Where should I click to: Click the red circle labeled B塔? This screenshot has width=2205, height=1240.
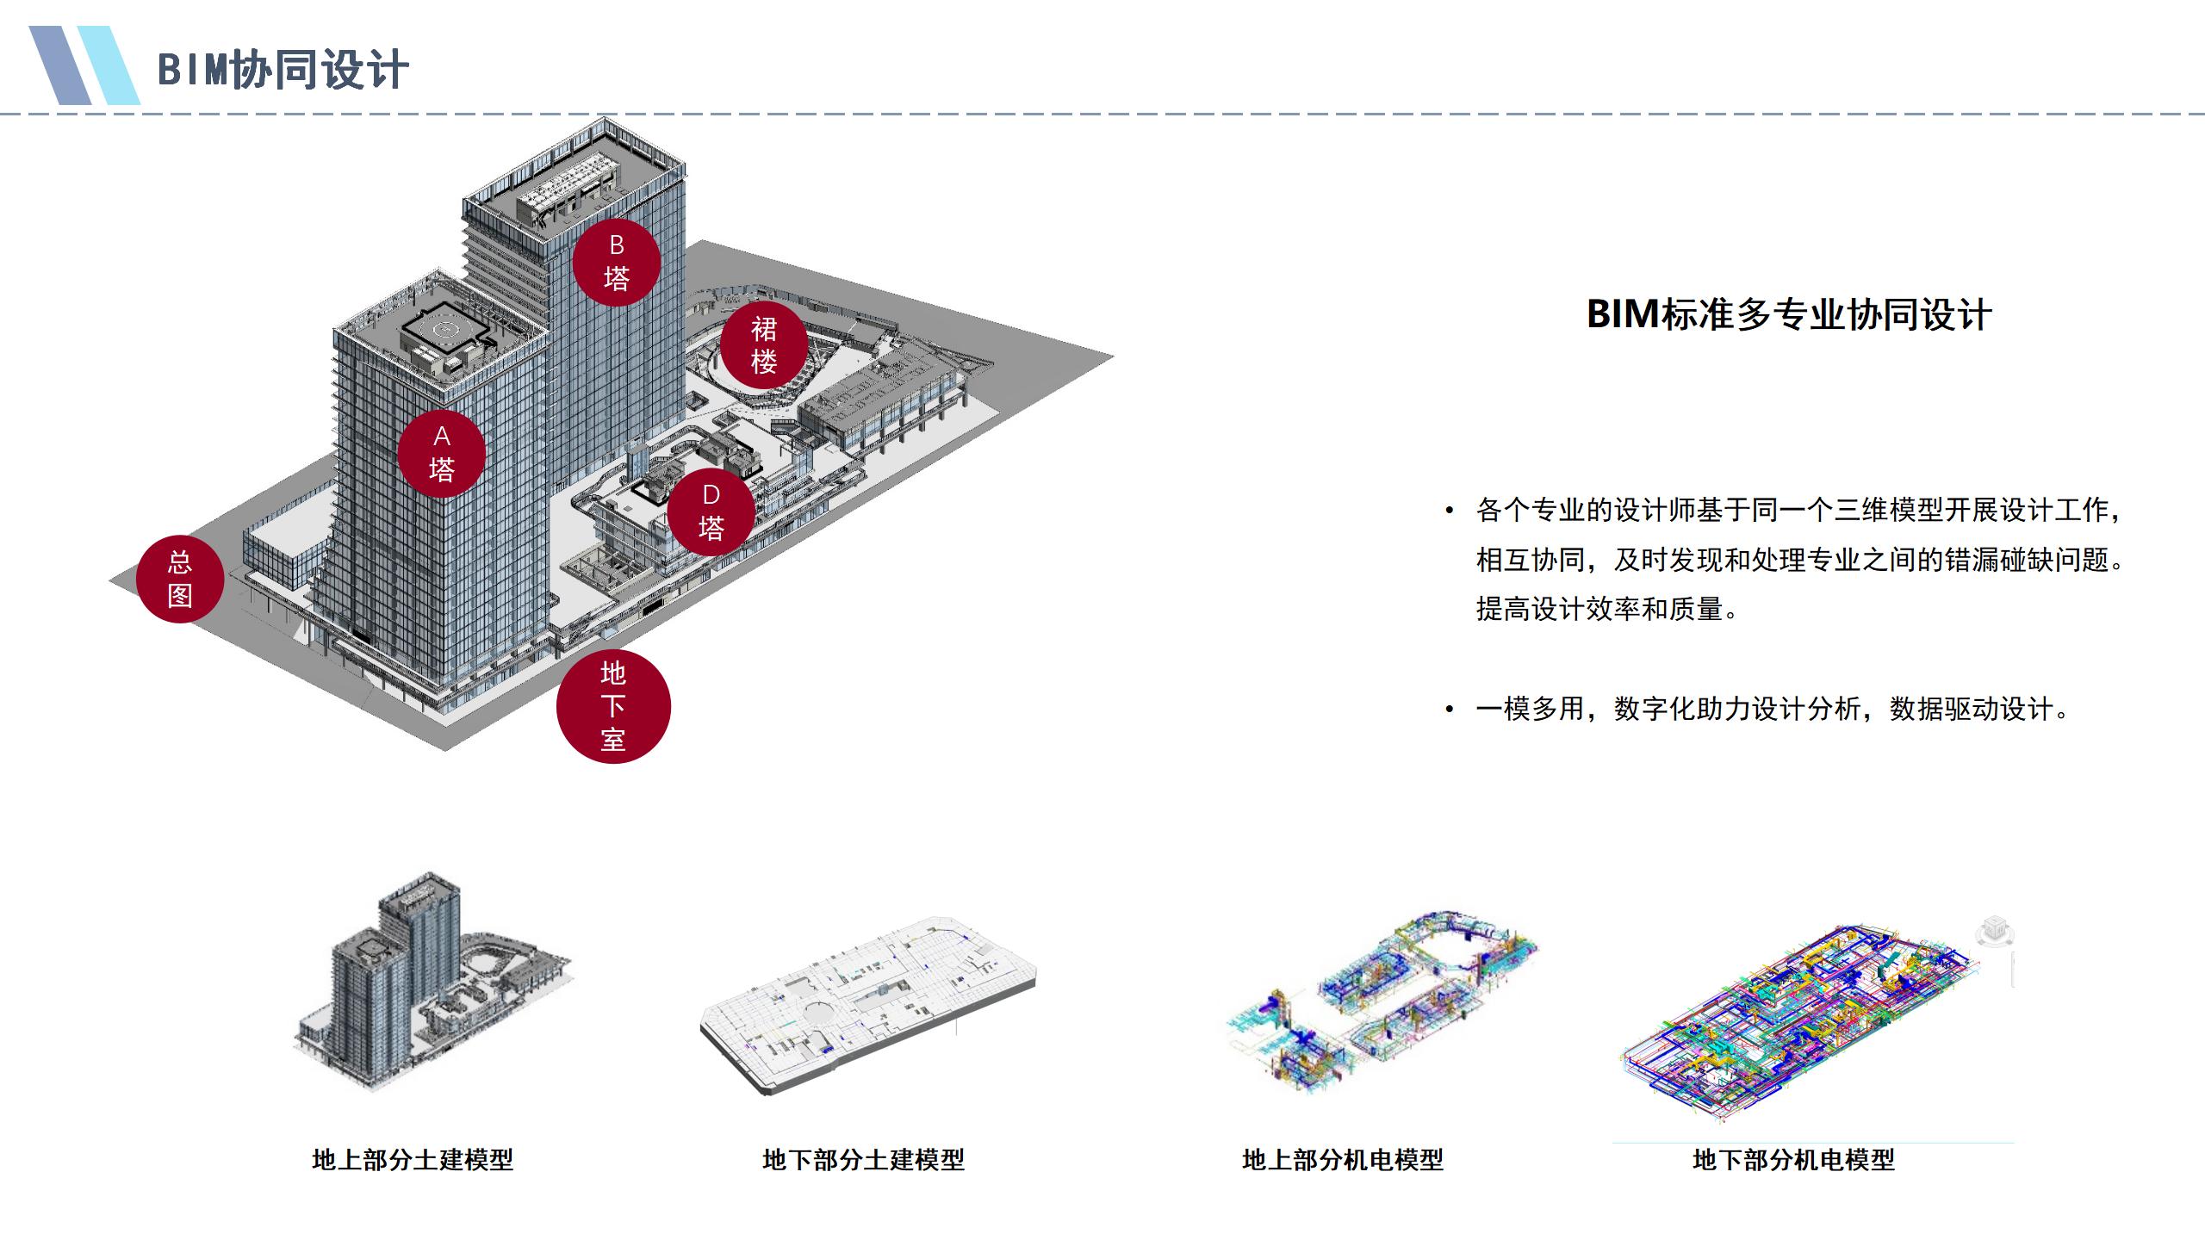[x=617, y=263]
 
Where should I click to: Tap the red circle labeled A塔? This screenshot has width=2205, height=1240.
[x=441, y=454]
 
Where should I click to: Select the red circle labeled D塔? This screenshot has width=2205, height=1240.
[x=711, y=512]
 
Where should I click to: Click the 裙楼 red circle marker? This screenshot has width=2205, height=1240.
[x=764, y=345]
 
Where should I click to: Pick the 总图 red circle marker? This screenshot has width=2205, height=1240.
[x=180, y=579]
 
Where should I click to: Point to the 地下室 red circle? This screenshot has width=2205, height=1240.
[x=612, y=706]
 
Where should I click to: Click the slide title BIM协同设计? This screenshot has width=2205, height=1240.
[x=282, y=70]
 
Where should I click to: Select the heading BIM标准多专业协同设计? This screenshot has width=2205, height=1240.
[x=1788, y=314]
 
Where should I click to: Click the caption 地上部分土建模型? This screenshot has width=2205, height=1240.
[x=413, y=1160]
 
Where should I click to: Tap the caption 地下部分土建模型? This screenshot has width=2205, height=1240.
[x=863, y=1160]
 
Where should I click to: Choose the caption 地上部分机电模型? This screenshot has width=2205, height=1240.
[x=1342, y=1160]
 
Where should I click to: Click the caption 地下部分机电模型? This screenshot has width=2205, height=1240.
[x=1793, y=1160]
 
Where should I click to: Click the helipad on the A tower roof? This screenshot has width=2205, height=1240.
[x=445, y=329]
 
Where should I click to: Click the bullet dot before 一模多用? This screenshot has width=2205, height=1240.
[x=1450, y=710]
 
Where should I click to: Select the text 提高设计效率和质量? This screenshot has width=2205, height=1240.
[x=1606, y=609]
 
